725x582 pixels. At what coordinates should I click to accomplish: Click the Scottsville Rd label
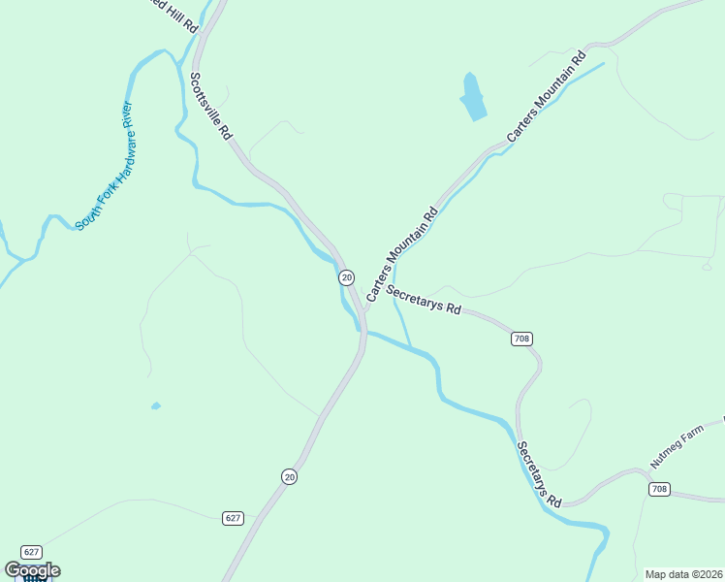pos(210,106)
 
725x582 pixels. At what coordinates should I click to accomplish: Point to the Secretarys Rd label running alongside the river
pos(539,475)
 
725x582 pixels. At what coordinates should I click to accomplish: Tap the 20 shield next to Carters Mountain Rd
pos(346,277)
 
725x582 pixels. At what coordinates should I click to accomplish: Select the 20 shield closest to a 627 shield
pos(289,475)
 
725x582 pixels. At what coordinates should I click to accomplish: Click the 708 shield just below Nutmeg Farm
pos(659,489)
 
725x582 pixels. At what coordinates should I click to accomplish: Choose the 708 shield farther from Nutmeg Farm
pos(521,339)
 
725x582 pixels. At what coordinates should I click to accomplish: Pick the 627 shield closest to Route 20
pos(232,518)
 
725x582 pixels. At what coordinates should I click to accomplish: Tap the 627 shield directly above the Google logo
pos(31,551)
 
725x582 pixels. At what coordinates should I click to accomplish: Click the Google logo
pos(32,570)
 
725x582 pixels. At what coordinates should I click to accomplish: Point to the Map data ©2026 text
pos(682,574)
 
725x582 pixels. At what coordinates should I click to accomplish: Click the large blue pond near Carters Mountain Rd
pos(473,97)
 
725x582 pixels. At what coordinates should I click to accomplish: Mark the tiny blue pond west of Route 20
pos(155,405)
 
